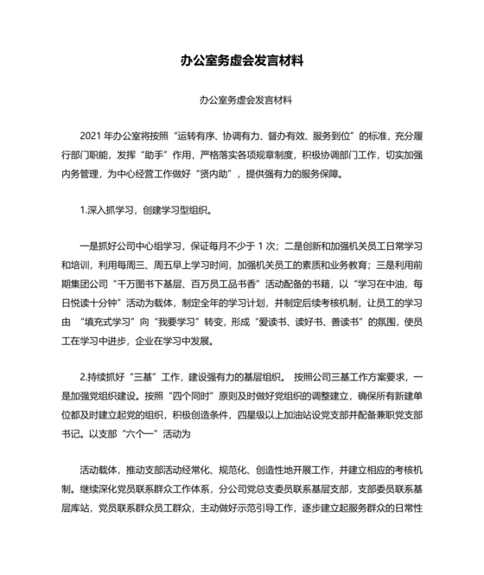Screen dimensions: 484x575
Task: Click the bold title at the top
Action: click(241, 61)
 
